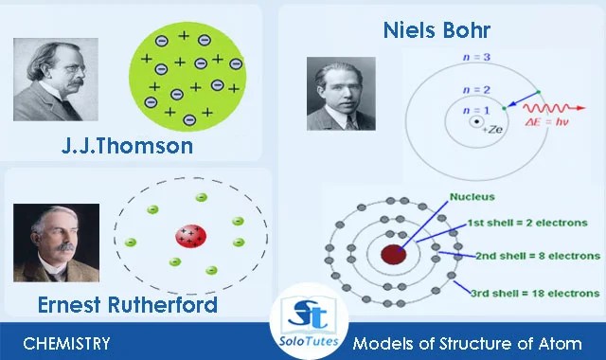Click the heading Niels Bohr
pyautogui.click(x=437, y=29)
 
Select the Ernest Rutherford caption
pyautogui.click(x=128, y=304)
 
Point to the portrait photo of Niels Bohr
pyautogui.click(x=340, y=93)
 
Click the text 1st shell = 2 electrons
pyautogui.click(x=521, y=223)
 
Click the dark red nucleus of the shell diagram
pyautogui.click(x=393, y=253)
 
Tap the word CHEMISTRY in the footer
pyautogui.click(x=66, y=343)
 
